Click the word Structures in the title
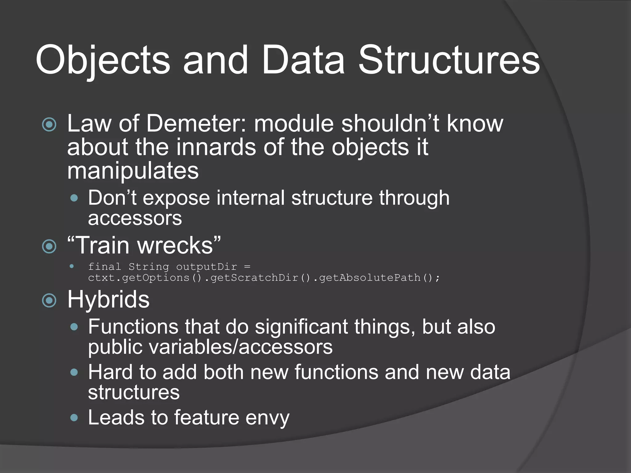coord(449,60)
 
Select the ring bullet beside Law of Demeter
coord(49,125)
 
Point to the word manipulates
coord(133,171)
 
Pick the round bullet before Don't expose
coord(74,198)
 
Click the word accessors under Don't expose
coord(135,219)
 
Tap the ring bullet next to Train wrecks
coord(49,246)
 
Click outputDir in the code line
coord(206,267)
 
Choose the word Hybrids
coord(108,300)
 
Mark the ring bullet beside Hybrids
coord(49,301)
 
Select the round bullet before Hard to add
coord(74,373)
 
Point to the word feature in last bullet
coord(206,418)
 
